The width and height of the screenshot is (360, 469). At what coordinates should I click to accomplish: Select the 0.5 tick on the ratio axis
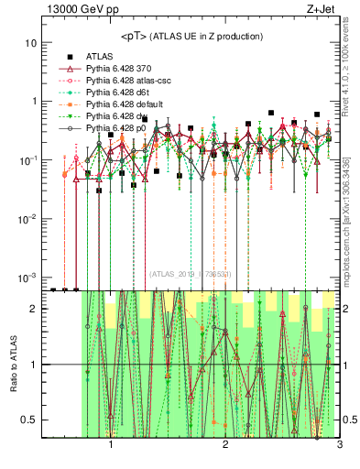(x=32, y=420)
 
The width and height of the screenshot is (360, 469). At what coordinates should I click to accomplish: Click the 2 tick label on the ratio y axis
(x=37, y=309)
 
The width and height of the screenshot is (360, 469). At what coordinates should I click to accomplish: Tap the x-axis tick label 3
(x=339, y=446)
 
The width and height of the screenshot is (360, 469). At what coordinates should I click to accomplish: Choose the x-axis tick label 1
(x=111, y=446)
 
